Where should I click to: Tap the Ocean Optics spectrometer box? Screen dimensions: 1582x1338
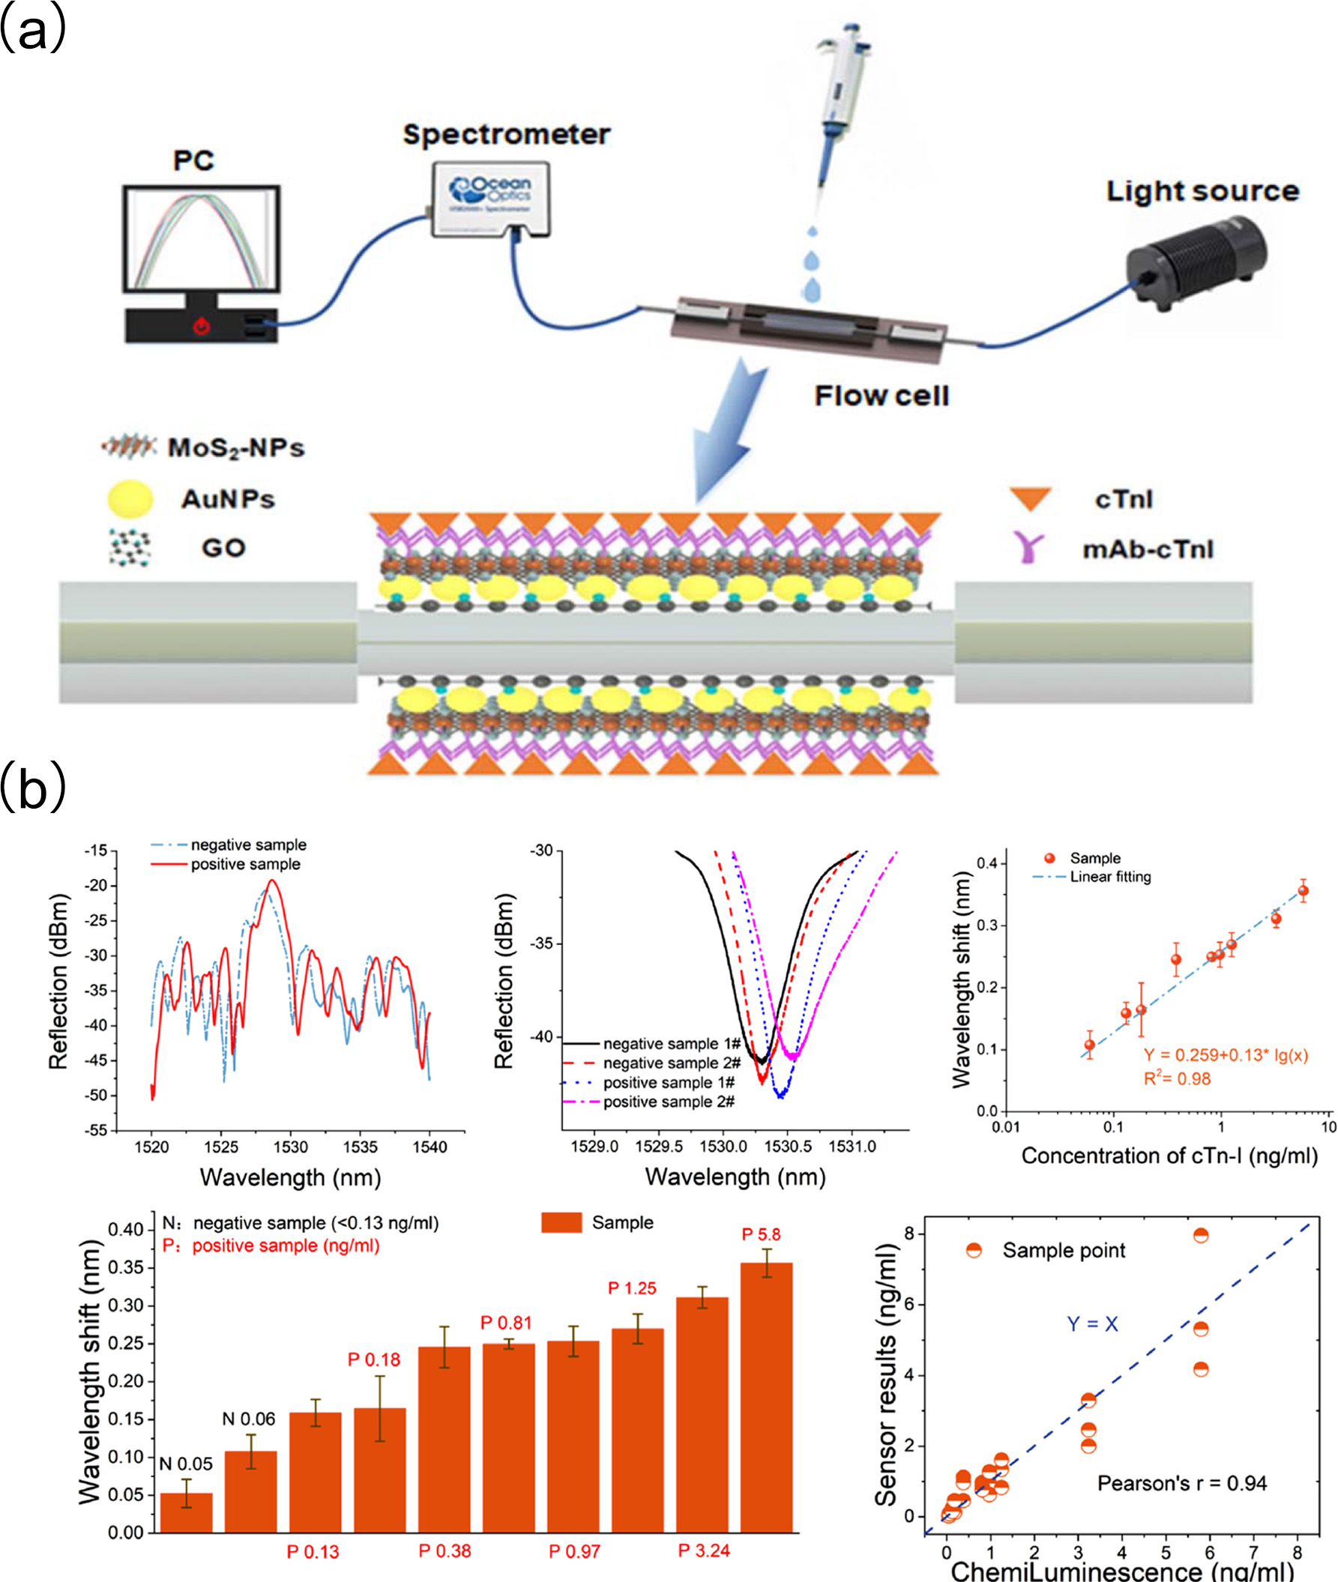492,198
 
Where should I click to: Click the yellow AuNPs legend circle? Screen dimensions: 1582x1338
130,499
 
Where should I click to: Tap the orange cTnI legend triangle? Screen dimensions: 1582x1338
1029,498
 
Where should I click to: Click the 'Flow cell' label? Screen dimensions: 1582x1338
882,396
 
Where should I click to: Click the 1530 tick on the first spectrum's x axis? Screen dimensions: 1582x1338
291,1147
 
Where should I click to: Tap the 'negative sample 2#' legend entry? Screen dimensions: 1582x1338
672,1063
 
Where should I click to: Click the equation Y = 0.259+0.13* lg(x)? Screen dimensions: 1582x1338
1226,1055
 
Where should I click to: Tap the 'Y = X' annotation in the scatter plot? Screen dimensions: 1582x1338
1092,1324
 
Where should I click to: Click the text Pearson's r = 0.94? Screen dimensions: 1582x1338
1182,1483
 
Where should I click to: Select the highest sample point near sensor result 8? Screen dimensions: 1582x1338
1201,1236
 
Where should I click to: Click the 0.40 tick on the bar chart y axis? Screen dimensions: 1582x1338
125,1230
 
